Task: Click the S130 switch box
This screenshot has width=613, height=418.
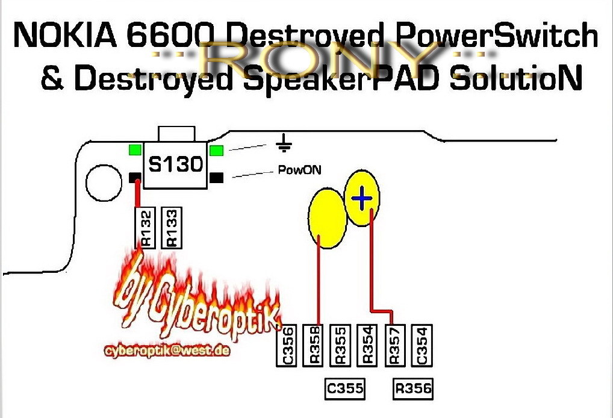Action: click(175, 164)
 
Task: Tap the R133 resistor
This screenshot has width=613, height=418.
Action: click(171, 227)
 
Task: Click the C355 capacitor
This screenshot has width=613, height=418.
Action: click(345, 388)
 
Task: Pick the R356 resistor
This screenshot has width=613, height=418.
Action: click(414, 388)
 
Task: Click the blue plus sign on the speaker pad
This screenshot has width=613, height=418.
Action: click(361, 198)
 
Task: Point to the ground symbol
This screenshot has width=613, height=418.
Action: click(284, 143)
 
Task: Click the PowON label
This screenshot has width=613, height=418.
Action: click(299, 170)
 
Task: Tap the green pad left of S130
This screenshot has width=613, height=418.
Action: click(135, 150)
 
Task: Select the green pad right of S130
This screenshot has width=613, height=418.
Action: click(217, 150)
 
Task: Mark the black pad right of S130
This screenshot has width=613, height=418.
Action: click(217, 177)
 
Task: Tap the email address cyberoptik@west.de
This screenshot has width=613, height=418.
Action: click(167, 351)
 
